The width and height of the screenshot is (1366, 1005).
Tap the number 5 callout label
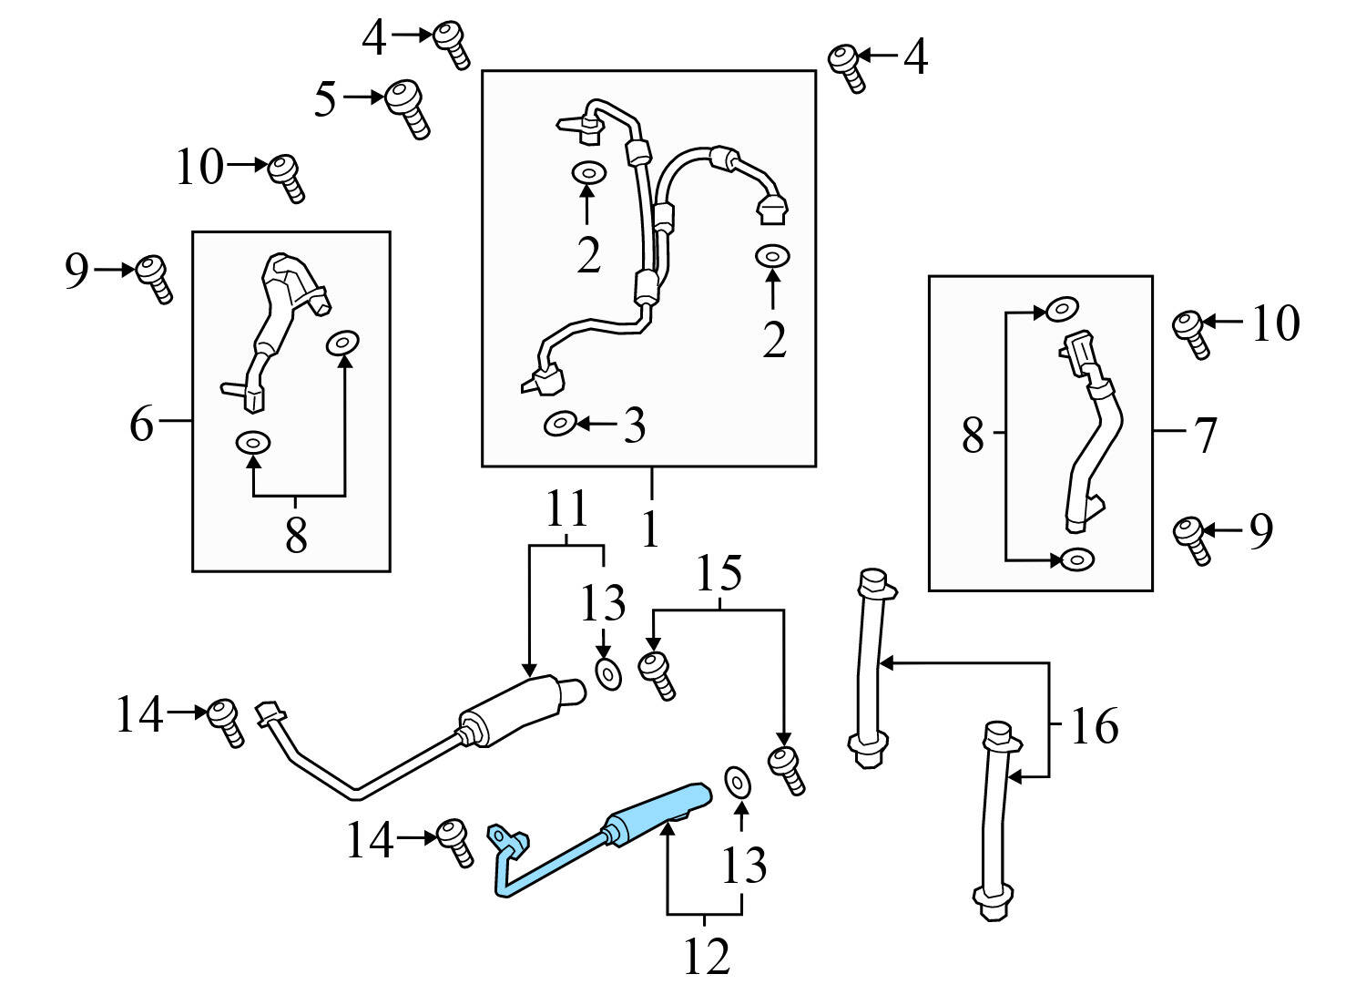point(325,99)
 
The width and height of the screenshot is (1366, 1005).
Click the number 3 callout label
point(634,426)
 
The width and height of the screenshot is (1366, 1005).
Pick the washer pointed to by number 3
point(559,424)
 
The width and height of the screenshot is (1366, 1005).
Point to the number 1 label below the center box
point(649,529)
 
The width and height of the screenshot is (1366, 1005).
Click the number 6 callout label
point(142,424)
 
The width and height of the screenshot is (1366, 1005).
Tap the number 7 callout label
point(1205,435)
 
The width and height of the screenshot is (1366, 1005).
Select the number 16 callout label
point(1094,726)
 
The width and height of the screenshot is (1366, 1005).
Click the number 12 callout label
point(707,957)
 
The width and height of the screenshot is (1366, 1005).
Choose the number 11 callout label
point(566,509)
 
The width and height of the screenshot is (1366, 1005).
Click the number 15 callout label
point(719,574)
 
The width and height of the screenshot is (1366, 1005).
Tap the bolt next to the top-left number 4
point(450,43)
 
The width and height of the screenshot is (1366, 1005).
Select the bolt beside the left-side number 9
point(154,277)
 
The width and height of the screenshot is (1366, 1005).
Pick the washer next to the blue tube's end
point(736,782)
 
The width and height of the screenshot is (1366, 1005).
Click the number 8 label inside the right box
point(973,436)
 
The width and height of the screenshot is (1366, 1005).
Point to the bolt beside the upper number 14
point(225,721)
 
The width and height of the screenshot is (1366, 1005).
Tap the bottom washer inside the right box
point(1076,559)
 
